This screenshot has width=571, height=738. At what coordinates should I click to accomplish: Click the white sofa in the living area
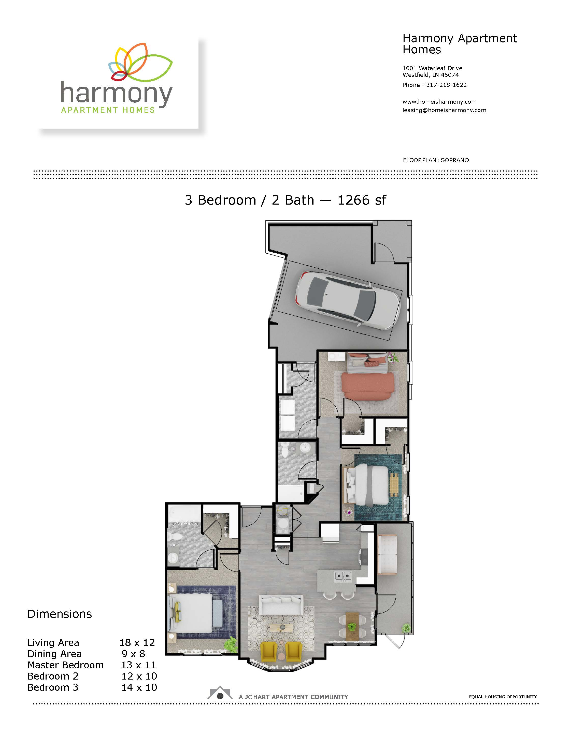[x=281, y=605]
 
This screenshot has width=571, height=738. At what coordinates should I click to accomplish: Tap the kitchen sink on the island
[x=343, y=575]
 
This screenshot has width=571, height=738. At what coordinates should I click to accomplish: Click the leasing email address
[x=444, y=110]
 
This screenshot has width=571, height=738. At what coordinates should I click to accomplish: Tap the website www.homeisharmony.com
[x=439, y=102]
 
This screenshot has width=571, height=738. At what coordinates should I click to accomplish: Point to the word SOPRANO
[x=455, y=160]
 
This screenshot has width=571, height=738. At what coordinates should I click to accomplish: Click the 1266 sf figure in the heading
[x=362, y=200]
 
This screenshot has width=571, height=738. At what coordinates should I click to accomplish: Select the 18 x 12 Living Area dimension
[x=137, y=642]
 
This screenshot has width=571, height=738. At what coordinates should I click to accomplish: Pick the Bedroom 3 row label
[x=53, y=687]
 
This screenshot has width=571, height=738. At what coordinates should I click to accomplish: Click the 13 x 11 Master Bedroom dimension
[x=138, y=665]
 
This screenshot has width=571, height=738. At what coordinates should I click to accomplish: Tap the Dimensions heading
[x=60, y=614]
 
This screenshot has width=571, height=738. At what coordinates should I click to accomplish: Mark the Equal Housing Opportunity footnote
[x=503, y=697]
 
